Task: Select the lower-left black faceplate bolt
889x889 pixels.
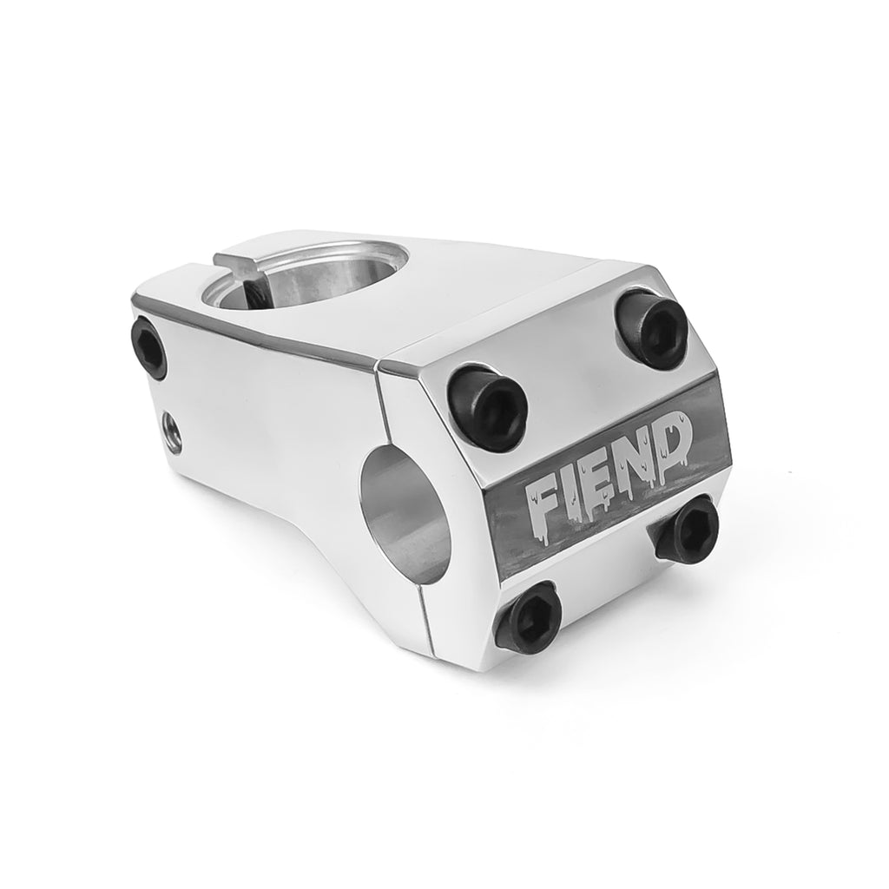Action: coord(528,615)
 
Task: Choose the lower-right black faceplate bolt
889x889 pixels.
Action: coord(688,525)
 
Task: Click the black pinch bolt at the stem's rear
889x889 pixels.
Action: coord(148,347)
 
